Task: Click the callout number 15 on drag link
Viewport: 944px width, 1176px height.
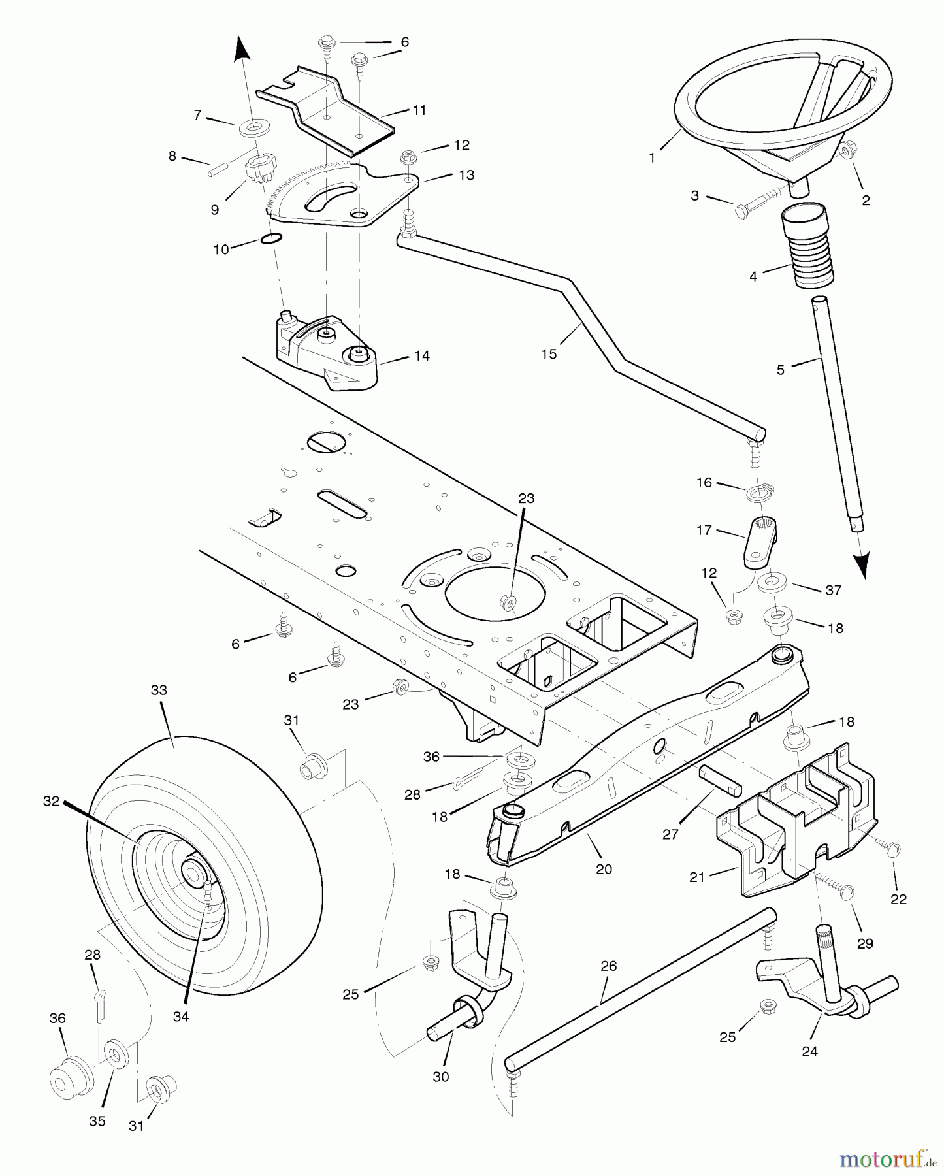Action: pos(549,353)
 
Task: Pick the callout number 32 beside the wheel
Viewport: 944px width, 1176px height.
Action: pos(52,800)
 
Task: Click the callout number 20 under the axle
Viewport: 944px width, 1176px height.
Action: pos(604,869)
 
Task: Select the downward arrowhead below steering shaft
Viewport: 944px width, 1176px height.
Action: pos(863,565)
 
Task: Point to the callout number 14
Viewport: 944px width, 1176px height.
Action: pos(422,355)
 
